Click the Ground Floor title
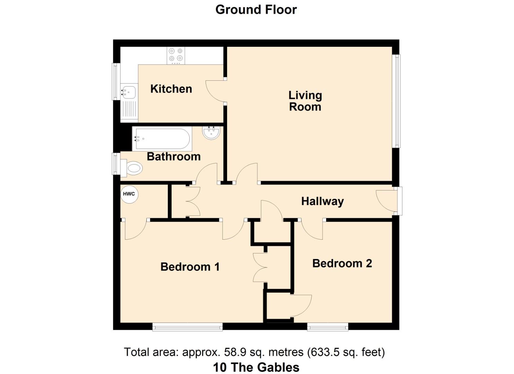(256, 10)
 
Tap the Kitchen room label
(171, 89)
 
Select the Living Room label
(305, 101)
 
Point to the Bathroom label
(173, 157)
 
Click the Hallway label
(322, 201)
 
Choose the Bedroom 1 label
(190, 267)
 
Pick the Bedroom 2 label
(342, 263)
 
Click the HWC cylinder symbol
(129, 194)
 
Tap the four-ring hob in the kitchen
(175, 55)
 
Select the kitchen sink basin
(129, 92)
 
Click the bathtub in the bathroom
(162, 139)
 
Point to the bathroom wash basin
(211, 132)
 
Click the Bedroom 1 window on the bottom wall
(187, 327)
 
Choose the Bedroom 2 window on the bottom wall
(327, 327)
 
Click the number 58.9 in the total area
(235, 352)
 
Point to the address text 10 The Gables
(256, 367)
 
